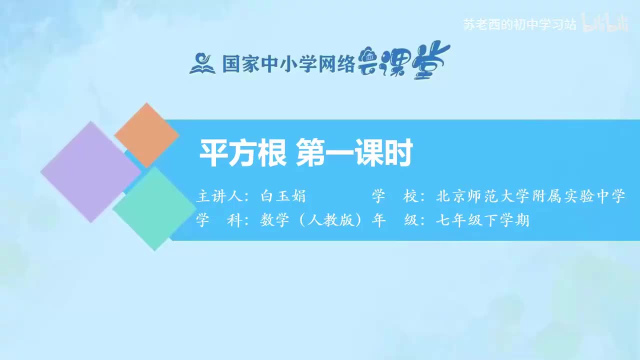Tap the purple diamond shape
[90, 171]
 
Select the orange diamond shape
[146, 135]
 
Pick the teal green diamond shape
[154, 208]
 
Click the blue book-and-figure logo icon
[202, 63]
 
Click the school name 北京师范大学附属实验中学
[530, 196]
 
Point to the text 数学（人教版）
[310, 220]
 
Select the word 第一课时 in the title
[354, 153]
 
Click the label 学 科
[218, 220]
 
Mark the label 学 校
[395, 196]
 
